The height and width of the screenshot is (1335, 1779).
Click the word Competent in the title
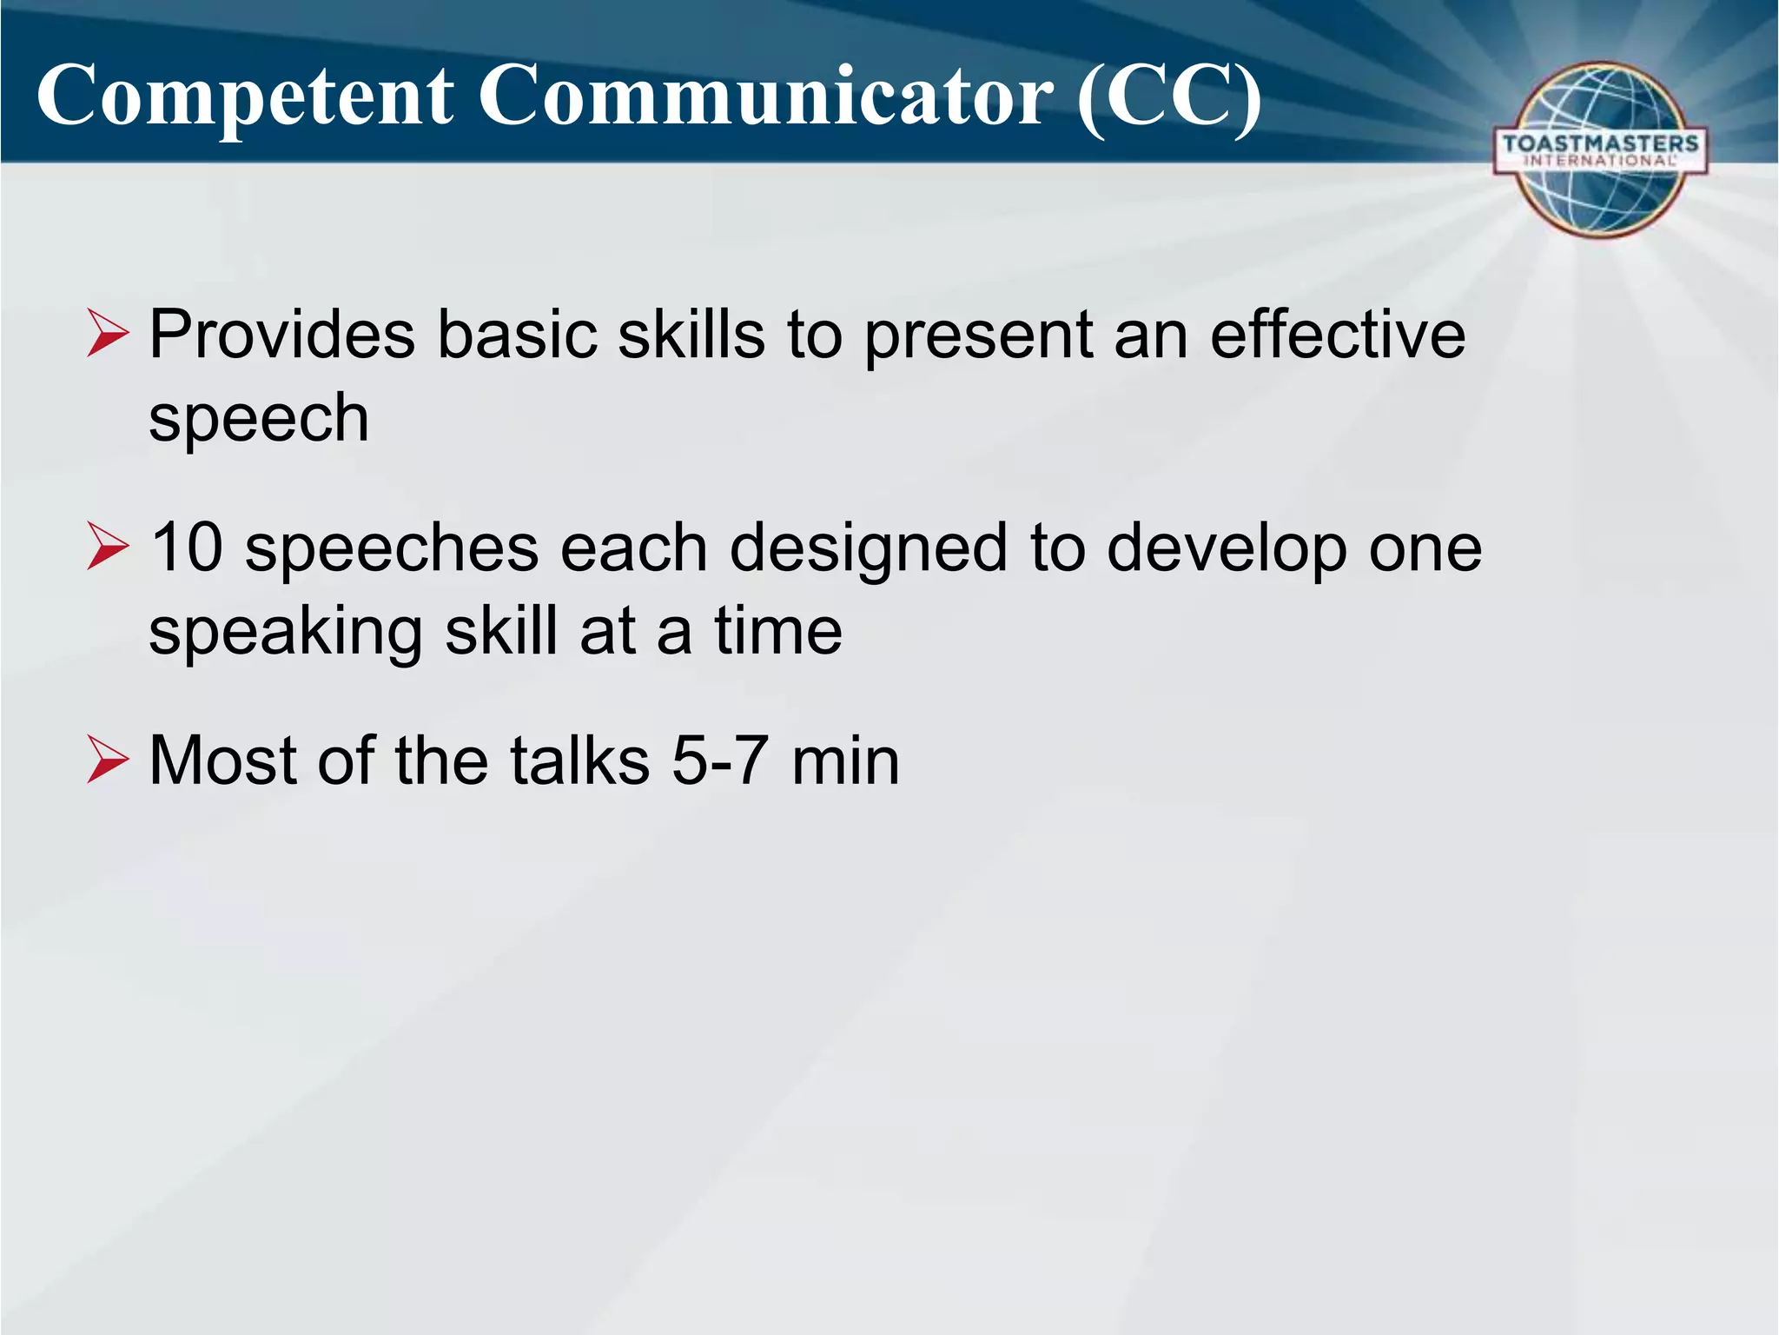[245, 97]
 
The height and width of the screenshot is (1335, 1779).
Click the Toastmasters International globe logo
[1600, 149]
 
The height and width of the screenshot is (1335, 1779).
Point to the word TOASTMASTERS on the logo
[1600, 143]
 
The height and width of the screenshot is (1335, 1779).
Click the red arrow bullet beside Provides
[108, 336]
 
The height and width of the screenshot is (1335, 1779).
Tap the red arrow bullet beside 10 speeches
[108, 549]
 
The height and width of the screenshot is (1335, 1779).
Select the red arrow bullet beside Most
[108, 762]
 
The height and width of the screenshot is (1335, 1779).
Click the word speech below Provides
[259, 420]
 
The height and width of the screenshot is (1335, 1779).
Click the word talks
[579, 760]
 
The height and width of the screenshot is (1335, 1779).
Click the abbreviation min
[845, 760]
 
